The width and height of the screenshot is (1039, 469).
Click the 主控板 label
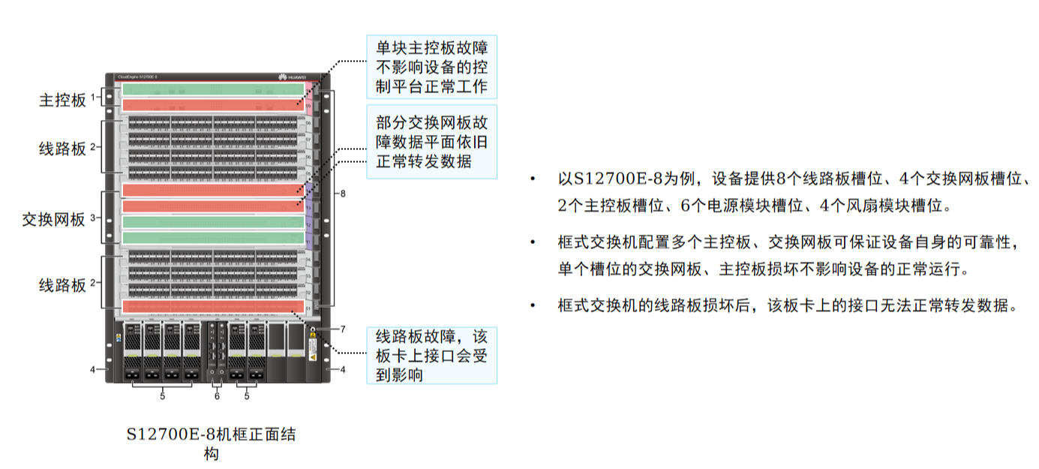tap(62, 100)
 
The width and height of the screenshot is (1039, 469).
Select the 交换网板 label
tap(53, 219)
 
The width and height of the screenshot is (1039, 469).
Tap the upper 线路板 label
tap(62, 149)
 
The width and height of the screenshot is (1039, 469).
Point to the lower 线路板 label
tap(62, 285)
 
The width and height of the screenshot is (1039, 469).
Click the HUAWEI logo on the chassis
tap(293, 76)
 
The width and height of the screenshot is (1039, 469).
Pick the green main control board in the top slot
tap(213, 89)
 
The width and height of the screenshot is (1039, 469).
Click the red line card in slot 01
tap(213, 306)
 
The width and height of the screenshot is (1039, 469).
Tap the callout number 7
tap(342, 329)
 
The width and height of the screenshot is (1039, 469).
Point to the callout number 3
tap(93, 218)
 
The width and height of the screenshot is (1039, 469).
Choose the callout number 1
tap(93, 98)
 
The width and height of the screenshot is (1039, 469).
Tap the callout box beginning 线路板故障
tap(431, 356)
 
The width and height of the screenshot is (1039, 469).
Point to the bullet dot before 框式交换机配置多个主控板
tap(533, 242)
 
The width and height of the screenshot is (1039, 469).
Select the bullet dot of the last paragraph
tap(533, 305)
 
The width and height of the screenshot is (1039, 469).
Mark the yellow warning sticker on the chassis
tap(312, 356)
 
